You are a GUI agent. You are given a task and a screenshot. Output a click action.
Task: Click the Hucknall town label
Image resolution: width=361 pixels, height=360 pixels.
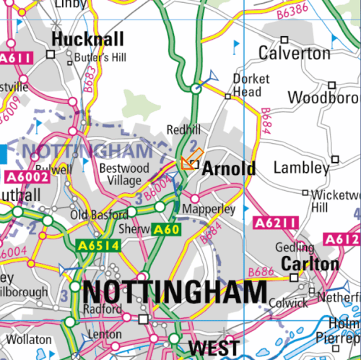pos(88,39)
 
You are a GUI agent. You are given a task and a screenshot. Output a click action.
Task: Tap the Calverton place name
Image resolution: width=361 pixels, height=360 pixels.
pos(294,53)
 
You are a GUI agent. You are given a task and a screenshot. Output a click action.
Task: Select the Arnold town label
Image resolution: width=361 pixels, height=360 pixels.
pos(228,169)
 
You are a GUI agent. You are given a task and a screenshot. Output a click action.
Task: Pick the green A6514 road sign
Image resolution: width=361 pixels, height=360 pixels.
pos(97,246)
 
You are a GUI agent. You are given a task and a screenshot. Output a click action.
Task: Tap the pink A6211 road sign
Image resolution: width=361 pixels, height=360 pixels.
pos(275,224)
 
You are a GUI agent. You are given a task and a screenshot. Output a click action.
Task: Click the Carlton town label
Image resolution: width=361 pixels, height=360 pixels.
pos(309,264)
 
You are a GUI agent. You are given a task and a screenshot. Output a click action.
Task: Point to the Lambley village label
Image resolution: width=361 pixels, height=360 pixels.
pos(301,168)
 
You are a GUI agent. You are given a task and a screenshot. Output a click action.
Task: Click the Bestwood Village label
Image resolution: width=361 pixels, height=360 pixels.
pos(123,174)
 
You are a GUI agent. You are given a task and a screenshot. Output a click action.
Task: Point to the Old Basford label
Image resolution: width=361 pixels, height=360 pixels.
pos(92,215)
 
